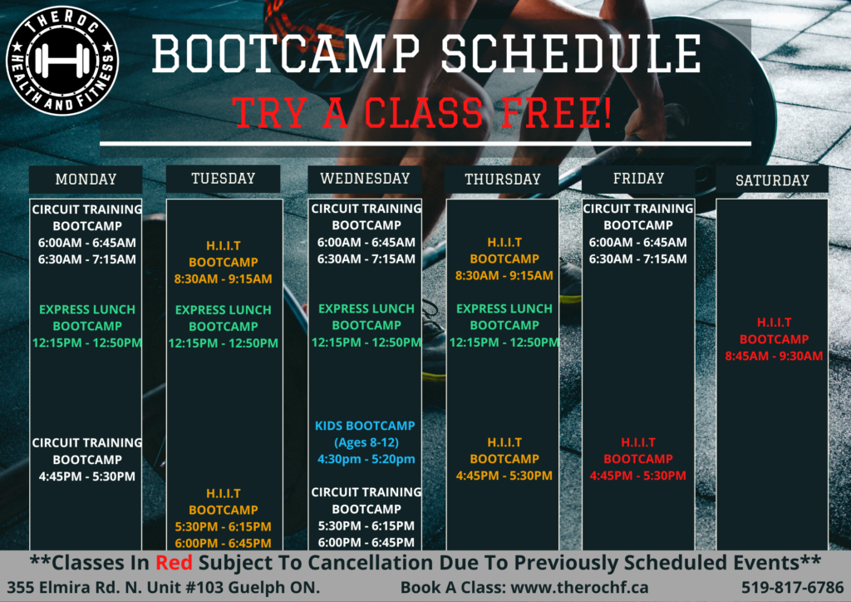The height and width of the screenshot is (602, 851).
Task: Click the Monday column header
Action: coord(86,179)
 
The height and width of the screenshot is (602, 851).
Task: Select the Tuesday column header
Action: coord(223,179)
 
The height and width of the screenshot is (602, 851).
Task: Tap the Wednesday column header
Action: coord(365,179)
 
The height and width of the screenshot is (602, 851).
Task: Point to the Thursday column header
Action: coord(502,179)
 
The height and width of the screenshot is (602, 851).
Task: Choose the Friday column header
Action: coord(638,179)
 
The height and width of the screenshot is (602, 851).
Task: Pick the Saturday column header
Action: coord(772,180)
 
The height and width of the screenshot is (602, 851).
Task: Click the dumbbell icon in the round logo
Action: coord(62,61)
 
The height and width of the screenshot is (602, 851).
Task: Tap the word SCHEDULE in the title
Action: coord(571,53)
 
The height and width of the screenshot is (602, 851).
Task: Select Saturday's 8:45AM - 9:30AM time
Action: coord(774,356)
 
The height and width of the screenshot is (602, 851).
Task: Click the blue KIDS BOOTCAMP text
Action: coord(365,426)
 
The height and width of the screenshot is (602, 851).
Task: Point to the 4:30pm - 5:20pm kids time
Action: coord(366,459)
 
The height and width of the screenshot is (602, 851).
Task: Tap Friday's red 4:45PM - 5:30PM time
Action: coord(637,476)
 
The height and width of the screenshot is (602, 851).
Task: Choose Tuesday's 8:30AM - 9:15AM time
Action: coord(223,279)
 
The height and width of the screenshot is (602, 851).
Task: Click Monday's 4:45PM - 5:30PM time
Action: coord(86,476)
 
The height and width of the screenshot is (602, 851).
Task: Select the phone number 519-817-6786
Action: coord(792,587)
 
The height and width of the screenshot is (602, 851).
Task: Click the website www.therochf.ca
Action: coord(579,587)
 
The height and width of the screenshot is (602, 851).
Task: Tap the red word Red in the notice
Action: coord(174,563)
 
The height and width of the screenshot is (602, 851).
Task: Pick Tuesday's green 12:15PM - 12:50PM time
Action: coord(223,343)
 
